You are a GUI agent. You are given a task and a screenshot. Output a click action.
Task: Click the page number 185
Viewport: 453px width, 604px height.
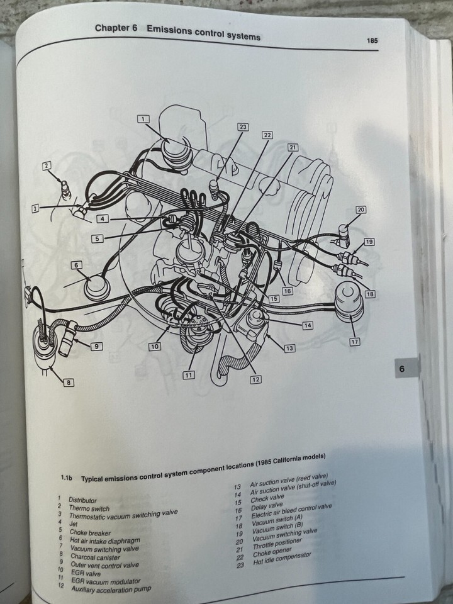point(372,40)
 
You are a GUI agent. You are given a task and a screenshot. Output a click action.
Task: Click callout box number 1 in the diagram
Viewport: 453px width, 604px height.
point(143,119)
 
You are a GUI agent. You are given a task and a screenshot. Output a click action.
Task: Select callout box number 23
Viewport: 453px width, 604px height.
point(242,126)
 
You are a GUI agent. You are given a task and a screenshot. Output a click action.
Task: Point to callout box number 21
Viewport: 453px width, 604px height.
point(293,147)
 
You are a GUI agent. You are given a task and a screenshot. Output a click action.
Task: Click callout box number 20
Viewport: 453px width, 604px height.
point(361,210)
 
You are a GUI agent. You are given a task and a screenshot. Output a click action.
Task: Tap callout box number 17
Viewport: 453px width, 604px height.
point(355,341)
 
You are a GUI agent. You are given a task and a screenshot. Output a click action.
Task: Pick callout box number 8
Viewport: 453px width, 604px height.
point(69,382)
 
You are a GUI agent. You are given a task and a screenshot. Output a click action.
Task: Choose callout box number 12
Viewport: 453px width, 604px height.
point(256,379)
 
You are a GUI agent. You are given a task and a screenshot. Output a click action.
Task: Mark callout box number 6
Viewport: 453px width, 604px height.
point(76,265)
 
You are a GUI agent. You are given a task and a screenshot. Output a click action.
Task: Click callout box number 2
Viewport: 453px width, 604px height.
point(47,165)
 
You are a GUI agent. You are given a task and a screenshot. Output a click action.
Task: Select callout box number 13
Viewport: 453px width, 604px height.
point(289,348)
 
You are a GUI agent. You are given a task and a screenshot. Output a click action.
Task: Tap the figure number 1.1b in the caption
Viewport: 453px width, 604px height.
point(67,478)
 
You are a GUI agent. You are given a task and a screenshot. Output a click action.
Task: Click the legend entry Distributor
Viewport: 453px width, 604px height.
point(83,500)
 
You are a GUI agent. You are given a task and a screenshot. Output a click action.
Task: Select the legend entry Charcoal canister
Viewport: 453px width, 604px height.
point(95,557)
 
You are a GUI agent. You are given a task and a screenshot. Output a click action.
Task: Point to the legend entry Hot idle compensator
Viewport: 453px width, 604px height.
point(282,558)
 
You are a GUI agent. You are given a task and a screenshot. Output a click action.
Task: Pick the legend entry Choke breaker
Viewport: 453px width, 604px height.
point(90,533)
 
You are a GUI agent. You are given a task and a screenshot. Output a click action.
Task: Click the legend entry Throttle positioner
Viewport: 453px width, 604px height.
point(277,543)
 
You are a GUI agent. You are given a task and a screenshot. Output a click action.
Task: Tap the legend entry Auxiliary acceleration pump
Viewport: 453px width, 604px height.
point(111,589)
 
